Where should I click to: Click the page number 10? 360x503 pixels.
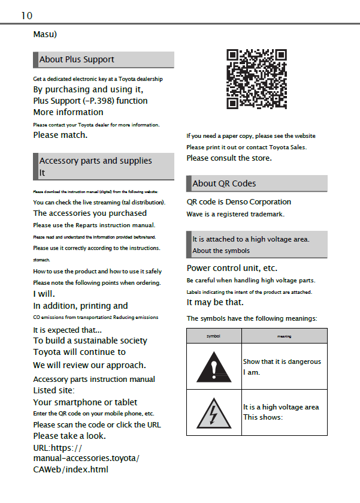pos(26,16)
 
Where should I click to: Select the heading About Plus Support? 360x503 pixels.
pos(77,59)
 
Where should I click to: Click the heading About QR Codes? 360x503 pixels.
pos(224,183)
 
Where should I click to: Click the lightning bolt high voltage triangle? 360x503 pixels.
pos(214,412)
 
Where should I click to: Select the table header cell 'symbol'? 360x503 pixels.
pos(214,336)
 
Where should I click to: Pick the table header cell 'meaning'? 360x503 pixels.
pos(284,336)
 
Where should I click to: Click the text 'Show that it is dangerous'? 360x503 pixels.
pos(282,362)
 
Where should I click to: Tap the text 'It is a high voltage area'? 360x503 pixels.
pos(281,407)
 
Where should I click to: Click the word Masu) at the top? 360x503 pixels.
pos(45,34)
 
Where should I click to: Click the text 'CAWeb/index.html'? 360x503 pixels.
pos(71,469)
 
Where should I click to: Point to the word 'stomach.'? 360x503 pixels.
pos(41,260)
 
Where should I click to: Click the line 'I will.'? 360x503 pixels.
pos(44,294)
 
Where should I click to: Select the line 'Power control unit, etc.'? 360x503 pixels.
pos(232,268)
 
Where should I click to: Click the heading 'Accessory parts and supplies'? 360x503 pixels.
pos(96,161)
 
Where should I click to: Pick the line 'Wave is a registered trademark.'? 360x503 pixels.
pos(235,214)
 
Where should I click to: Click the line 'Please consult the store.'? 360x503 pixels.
pos(229,158)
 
